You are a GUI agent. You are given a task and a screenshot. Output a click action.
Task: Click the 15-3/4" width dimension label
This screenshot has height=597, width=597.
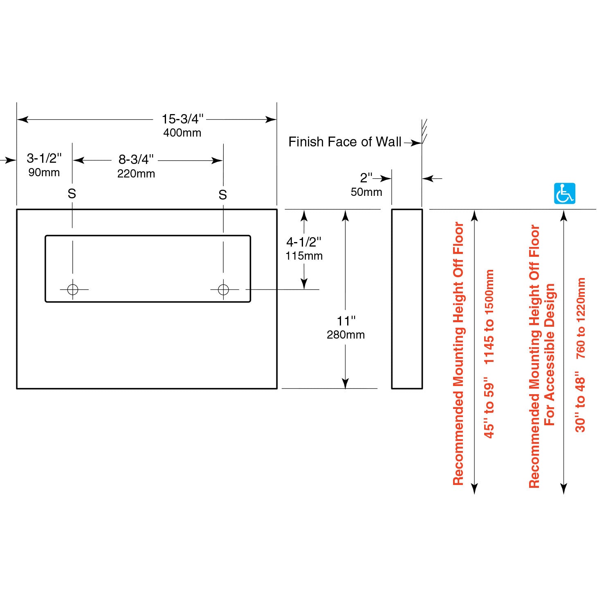pyautogui.click(x=182, y=119)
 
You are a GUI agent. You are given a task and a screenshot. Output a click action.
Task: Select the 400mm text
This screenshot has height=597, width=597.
pyautogui.click(x=182, y=133)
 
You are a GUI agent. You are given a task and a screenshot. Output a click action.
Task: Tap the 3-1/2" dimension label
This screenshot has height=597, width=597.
pyautogui.click(x=44, y=158)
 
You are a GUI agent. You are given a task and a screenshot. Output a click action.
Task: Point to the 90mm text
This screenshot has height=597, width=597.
pyautogui.click(x=44, y=173)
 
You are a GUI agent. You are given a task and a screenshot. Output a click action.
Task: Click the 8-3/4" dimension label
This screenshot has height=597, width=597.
pyautogui.click(x=136, y=159)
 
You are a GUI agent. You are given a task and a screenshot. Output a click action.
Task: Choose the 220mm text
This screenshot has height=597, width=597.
pyautogui.click(x=136, y=174)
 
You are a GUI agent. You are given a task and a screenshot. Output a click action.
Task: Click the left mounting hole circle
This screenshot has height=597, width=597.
pyautogui.click(x=73, y=290)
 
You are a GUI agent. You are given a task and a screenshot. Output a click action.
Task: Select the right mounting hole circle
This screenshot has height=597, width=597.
pyautogui.click(x=223, y=290)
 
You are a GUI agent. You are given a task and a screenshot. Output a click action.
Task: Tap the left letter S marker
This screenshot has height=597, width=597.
pyautogui.click(x=72, y=194)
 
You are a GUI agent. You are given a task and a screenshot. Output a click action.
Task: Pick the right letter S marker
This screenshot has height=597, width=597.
pyautogui.click(x=222, y=195)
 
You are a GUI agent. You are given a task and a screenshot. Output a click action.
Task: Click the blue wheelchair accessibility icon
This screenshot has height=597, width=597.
pyautogui.click(x=564, y=193)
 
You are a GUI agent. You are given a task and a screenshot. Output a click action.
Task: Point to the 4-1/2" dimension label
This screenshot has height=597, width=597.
pyautogui.click(x=304, y=242)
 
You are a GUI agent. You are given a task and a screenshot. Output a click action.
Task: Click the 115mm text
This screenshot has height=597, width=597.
pyautogui.click(x=304, y=256)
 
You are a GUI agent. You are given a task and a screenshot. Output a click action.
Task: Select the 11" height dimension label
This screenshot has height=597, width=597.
pyautogui.click(x=346, y=321)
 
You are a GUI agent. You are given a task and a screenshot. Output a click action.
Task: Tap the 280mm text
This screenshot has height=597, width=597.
pyautogui.click(x=346, y=335)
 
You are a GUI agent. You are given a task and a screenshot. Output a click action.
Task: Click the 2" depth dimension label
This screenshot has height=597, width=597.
pyautogui.click(x=366, y=178)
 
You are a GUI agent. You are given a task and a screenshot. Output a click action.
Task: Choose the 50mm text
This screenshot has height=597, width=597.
pyautogui.click(x=366, y=192)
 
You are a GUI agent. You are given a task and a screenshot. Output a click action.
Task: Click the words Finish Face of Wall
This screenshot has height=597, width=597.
pyautogui.click(x=345, y=142)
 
